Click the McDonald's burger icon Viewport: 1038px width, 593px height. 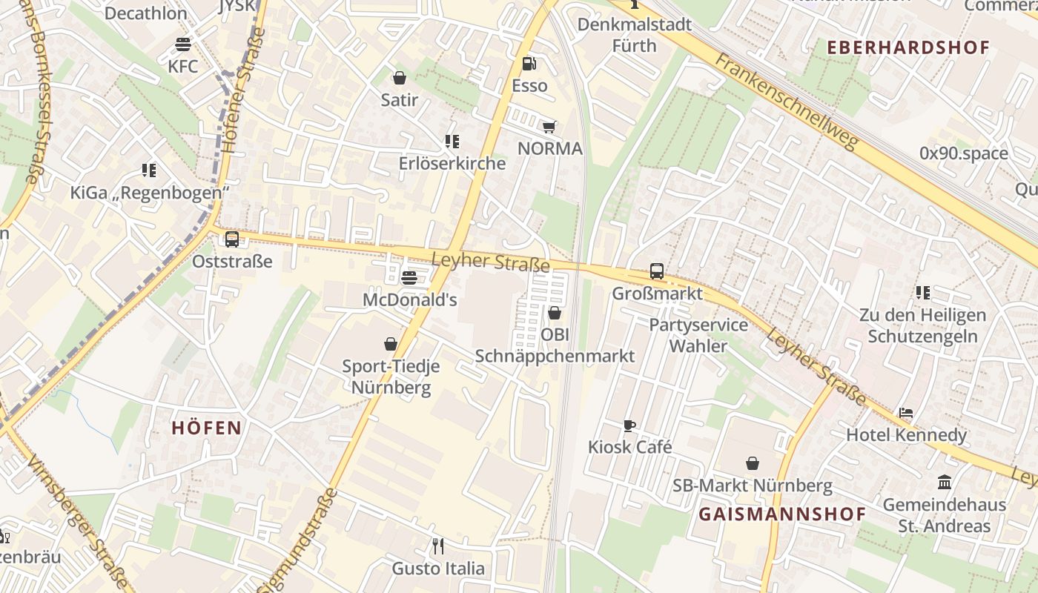tap(409, 278)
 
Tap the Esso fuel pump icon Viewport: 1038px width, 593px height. tap(529, 64)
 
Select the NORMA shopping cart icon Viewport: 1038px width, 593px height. tap(549, 127)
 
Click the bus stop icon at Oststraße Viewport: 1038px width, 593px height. tap(232, 239)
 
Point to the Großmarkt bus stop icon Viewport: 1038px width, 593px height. tap(657, 271)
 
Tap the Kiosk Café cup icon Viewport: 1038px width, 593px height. tap(629, 425)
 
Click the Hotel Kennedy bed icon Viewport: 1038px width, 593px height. tap(906, 413)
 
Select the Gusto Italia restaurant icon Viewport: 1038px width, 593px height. tap(438, 547)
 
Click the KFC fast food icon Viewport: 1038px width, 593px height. tap(183, 44)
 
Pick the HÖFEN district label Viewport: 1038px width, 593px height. tap(207, 428)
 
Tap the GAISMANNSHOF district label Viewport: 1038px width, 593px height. tap(782, 514)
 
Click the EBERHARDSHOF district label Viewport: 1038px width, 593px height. tap(908, 47)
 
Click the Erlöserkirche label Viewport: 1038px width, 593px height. tap(452, 164)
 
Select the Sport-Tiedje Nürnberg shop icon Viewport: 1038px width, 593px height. tap(391, 344)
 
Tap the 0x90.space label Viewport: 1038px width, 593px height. tap(964, 153)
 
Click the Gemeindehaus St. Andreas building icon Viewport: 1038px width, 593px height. tap(945, 483)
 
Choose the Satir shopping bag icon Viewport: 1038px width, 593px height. tap(400, 78)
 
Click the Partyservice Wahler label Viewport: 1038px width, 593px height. tap(698, 335)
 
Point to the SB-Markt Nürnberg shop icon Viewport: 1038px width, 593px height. tap(753, 464)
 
